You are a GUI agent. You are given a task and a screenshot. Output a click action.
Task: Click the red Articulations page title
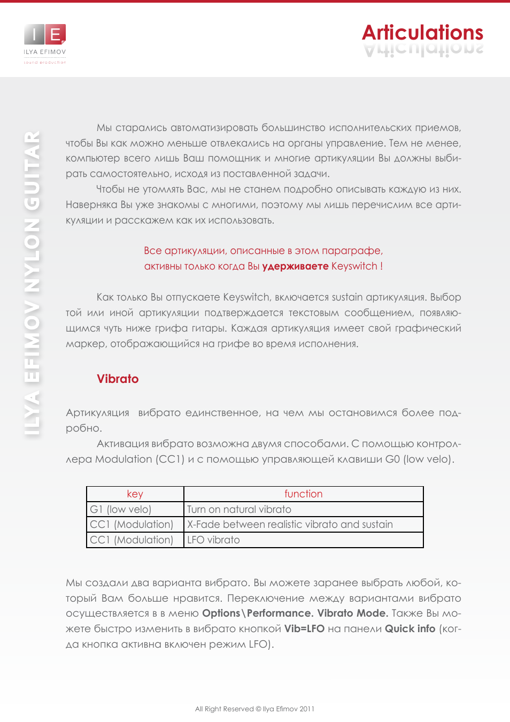pyautogui.click(x=422, y=33)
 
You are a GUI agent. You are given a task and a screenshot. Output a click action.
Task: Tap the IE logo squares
pyautogui.click(x=45, y=35)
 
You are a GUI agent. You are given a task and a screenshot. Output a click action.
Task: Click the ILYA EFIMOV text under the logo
pyautogui.click(x=45, y=52)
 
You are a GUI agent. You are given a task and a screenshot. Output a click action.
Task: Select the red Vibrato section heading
pyautogui.click(x=118, y=379)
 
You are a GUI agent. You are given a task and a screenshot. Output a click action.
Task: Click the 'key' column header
pyautogui.click(x=135, y=494)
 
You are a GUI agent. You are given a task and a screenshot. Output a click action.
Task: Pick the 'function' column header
pyautogui.click(x=303, y=494)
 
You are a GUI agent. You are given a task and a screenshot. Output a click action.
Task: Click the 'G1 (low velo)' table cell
pyautogui.click(x=121, y=509)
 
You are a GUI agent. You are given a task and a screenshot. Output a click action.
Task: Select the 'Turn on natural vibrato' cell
pyautogui.click(x=239, y=509)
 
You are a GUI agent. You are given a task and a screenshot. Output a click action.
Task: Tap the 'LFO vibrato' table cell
pyautogui.click(x=213, y=540)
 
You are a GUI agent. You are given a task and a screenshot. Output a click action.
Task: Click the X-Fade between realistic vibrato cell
pyautogui.click(x=290, y=524)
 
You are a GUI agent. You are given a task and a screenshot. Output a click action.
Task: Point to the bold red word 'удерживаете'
pyautogui.click(x=295, y=266)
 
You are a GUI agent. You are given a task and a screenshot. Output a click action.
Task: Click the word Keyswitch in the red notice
pyautogui.click(x=354, y=266)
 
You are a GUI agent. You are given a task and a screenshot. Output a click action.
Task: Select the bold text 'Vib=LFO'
pyautogui.click(x=304, y=628)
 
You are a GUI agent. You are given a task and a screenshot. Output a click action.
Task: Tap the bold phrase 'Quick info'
pyautogui.click(x=410, y=628)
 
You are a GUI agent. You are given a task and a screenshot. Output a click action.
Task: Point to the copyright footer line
pyautogui.click(x=254, y=709)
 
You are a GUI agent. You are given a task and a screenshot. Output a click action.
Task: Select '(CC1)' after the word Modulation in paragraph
pyautogui.click(x=170, y=459)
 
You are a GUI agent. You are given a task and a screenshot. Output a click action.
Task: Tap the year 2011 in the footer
pyautogui.click(x=307, y=709)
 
